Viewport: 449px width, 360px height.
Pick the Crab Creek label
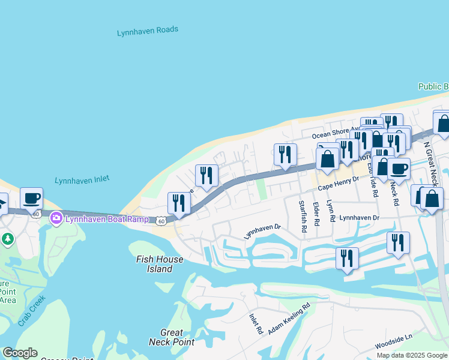coord(32,311)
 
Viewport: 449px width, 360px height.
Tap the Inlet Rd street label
coord(256,323)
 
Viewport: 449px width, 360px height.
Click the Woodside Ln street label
coord(394,342)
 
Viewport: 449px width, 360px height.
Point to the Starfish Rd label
coord(303,217)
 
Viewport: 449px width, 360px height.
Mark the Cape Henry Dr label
coord(337,184)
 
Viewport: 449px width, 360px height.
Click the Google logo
coord(19,353)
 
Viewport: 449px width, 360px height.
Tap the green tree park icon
coord(7,239)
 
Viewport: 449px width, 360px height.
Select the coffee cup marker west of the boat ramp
coord(31,198)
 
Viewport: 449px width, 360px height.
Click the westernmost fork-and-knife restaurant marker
coord(179,203)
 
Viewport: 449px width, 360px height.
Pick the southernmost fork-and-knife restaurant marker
coord(347,258)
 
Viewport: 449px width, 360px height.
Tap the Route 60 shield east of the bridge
coord(161,221)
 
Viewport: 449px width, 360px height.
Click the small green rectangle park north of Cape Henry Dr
coord(261,190)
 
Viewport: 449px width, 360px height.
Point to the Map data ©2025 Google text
coord(412,355)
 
